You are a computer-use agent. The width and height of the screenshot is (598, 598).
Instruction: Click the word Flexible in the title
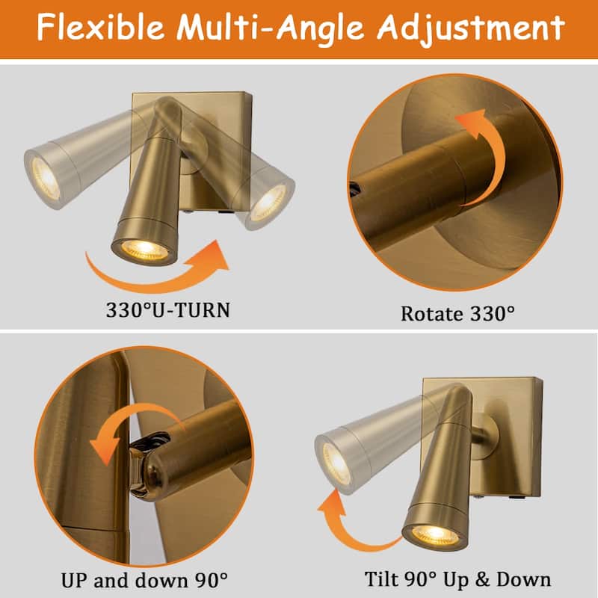[x=100, y=28]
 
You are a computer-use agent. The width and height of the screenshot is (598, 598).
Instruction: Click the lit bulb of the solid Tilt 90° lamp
[x=435, y=534]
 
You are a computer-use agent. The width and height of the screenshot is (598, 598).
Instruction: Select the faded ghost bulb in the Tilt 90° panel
[x=336, y=463]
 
